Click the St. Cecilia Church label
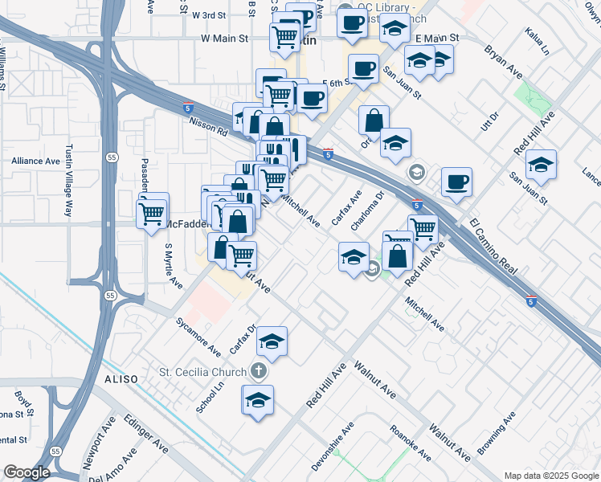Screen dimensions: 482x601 pos(199,372)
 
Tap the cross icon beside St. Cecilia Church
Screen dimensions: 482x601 pos(257,371)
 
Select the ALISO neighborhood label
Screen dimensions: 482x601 pos(121,378)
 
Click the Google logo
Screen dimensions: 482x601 pos(27,472)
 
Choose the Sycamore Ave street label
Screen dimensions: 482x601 pos(198,336)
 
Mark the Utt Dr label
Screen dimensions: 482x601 pos(489,122)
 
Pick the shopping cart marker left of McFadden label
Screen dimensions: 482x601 pos(152,213)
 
